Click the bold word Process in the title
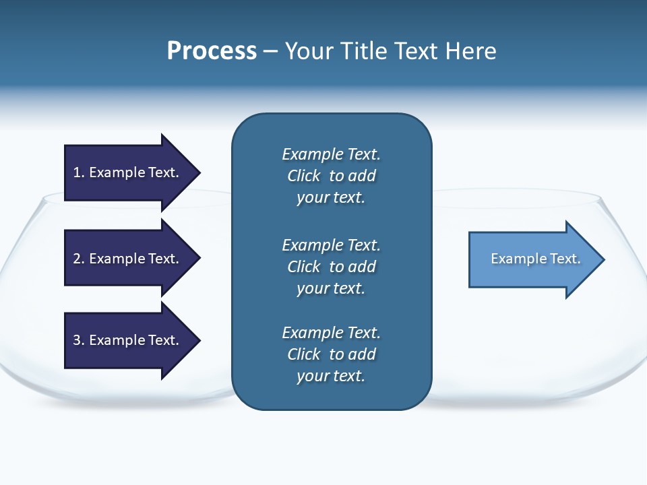click(x=212, y=51)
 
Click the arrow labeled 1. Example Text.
click(x=128, y=172)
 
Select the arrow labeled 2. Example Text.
click(x=128, y=259)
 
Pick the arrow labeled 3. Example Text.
click(x=128, y=340)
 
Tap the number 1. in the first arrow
click(x=79, y=172)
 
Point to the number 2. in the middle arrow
click(x=79, y=259)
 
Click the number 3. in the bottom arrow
click(x=79, y=340)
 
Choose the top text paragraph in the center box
click(x=331, y=176)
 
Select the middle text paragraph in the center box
click(x=331, y=266)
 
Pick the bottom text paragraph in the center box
click(x=331, y=354)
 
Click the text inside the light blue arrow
click(x=535, y=259)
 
